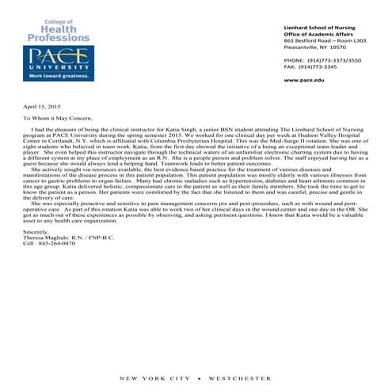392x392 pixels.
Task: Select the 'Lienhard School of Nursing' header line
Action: point(320,28)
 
